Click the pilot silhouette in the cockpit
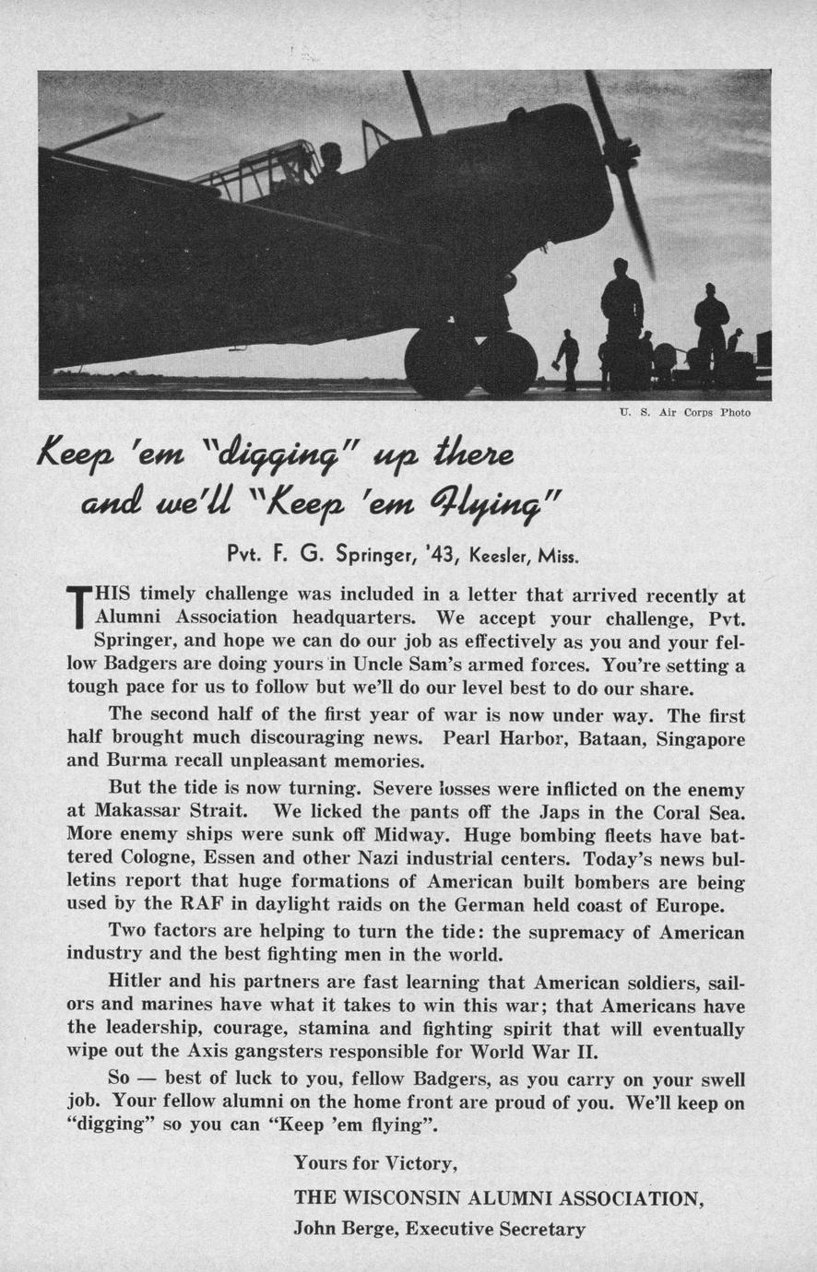click(328, 161)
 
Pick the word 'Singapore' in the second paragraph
click(700, 738)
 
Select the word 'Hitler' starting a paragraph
click(136, 981)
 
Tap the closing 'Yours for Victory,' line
click(375, 1163)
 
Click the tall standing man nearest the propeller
click(622, 313)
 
